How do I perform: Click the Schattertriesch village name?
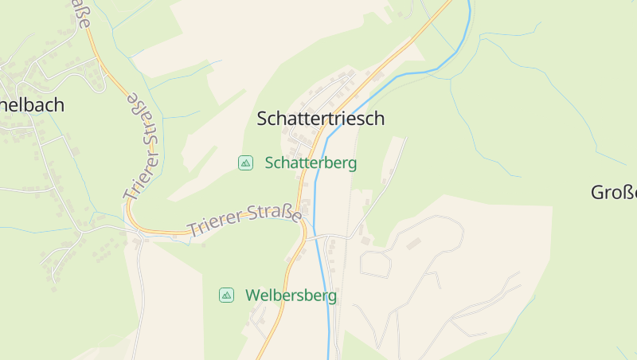click(320, 119)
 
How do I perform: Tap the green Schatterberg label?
click(311, 163)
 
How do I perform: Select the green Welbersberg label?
click(291, 295)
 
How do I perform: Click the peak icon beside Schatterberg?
click(245, 163)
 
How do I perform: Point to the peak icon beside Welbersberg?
click(227, 295)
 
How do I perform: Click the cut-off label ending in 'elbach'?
click(32, 104)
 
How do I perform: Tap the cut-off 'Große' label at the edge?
click(614, 192)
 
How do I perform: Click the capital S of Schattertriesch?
click(264, 119)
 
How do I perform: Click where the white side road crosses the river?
click(319, 237)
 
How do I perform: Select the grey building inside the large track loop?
click(412, 244)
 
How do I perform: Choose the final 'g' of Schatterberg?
click(352, 165)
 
